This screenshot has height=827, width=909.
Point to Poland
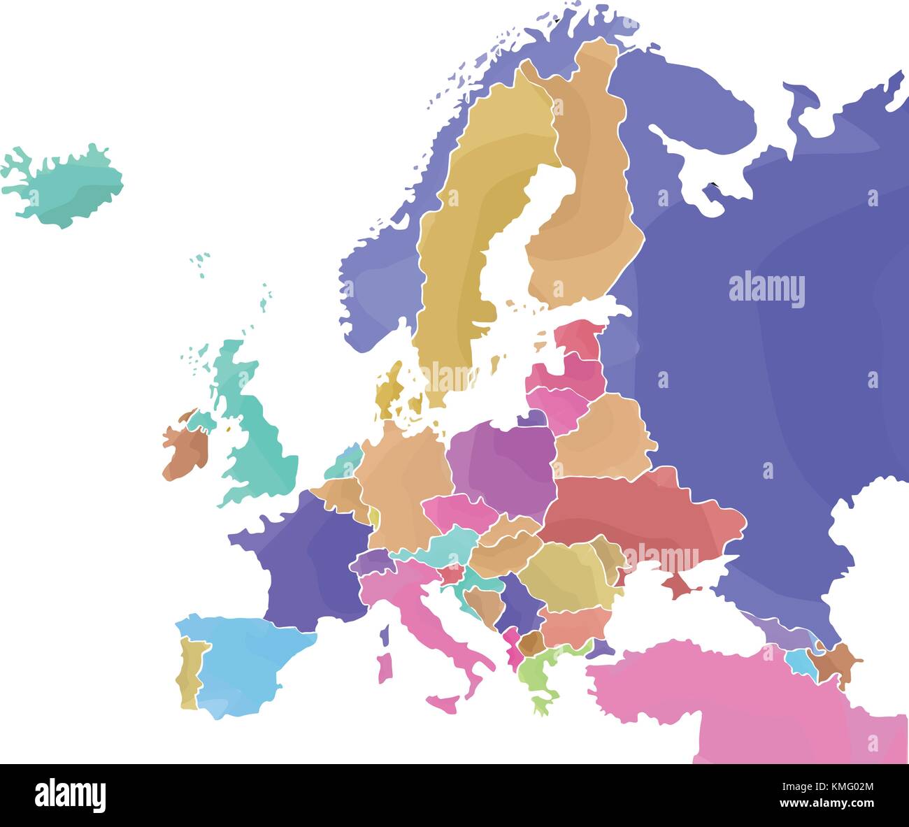(503, 461)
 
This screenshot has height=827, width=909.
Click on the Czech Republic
(458, 510)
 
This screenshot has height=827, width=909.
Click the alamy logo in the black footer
(70, 795)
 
